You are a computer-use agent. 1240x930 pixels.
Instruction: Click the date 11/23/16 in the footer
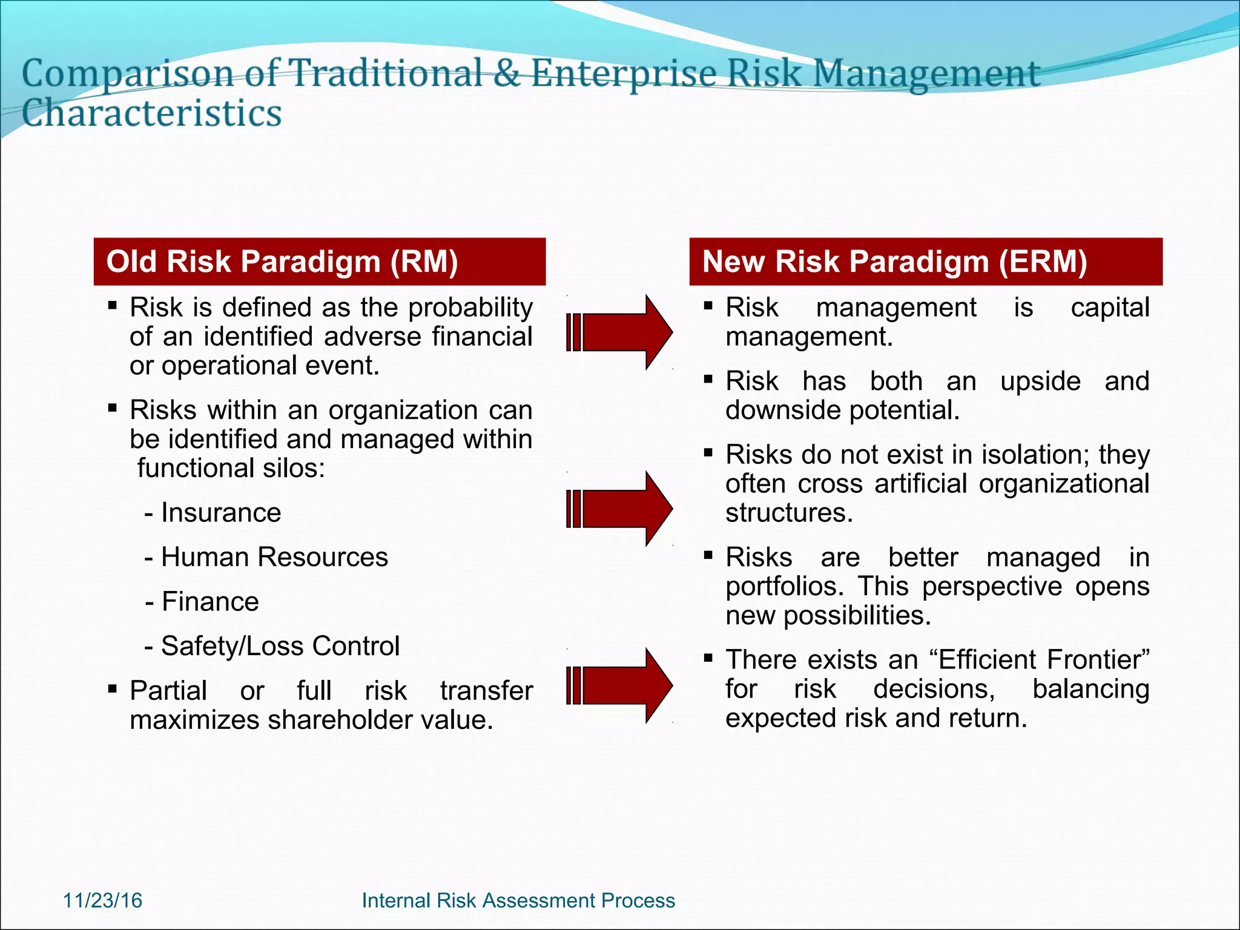[102, 900]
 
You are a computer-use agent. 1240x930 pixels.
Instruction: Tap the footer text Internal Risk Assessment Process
[518, 900]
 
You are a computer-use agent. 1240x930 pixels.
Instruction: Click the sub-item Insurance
[220, 513]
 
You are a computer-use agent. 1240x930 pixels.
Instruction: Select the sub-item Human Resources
[274, 557]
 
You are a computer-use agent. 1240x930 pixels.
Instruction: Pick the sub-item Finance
[209, 602]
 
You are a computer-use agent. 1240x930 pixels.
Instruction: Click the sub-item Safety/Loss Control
[280, 646]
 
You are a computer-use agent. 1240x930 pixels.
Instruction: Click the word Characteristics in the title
[152, 113]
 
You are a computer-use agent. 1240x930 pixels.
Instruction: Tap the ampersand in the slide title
[506, 73]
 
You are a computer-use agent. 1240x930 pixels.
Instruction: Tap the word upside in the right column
[1040, 381]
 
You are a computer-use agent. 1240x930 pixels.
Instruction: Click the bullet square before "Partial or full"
[112, 688]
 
